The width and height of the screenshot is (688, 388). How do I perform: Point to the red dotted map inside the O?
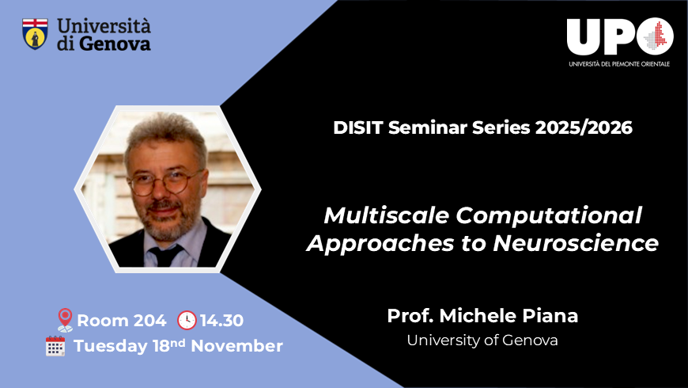[x=655, y=36]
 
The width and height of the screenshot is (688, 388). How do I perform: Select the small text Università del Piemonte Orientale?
[x=619, y=63]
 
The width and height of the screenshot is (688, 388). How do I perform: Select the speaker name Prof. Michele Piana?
[x=482, y=316]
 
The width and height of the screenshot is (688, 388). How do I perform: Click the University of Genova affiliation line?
[x=482, y=340]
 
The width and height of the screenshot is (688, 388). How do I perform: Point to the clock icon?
[x=187, y=320]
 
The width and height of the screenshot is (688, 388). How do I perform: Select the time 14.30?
[x=222, y=321]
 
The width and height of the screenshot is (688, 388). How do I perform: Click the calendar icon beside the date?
[x=55, y=346]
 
